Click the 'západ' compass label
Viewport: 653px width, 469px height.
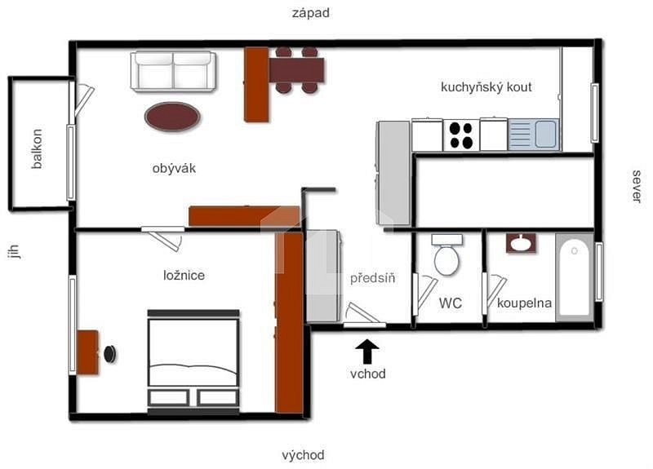311,13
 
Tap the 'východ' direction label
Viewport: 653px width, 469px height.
303,455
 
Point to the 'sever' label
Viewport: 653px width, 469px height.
637,186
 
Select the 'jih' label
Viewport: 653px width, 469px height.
14,251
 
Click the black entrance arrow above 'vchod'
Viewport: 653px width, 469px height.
366,352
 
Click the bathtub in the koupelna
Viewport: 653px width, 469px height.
575,277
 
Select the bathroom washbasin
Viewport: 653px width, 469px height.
521,243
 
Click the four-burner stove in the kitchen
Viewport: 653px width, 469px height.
461,135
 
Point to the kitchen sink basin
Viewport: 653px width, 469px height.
545,134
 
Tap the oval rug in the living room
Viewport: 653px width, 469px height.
172,117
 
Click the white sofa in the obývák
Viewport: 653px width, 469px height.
173,71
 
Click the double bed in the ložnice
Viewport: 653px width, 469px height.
193,361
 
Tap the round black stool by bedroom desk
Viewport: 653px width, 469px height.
110,354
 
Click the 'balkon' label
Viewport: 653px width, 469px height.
37,148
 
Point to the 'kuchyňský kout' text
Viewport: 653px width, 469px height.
486,87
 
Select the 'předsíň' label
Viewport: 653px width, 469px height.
372,277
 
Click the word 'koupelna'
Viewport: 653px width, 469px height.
524,303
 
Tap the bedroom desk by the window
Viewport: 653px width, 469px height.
88,352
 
